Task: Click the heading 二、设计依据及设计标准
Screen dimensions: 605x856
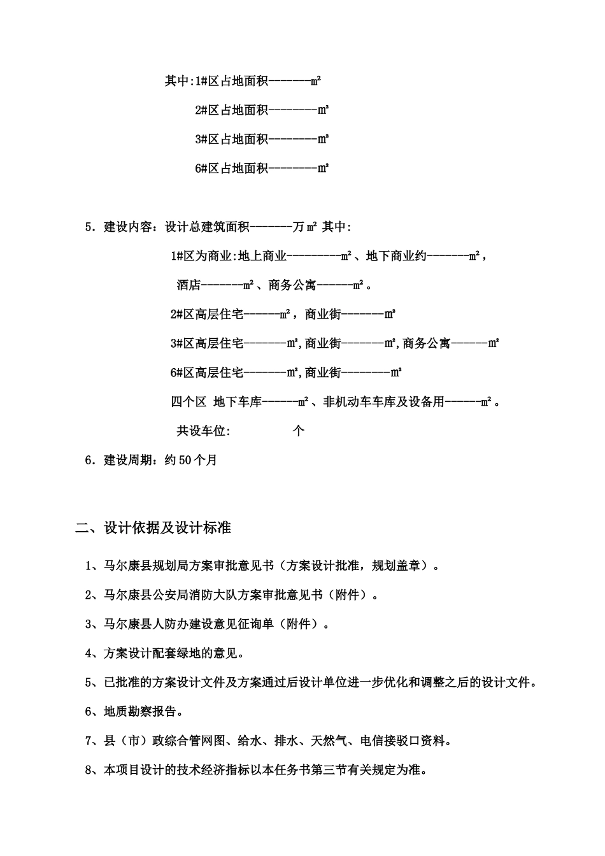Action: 153,528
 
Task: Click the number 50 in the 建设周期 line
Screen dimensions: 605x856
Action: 185,460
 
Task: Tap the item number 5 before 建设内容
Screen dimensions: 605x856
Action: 89,227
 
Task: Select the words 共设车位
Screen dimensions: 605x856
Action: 203,431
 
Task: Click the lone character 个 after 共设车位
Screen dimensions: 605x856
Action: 299,431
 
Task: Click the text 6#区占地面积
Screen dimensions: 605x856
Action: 232,169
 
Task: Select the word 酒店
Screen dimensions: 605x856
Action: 189,285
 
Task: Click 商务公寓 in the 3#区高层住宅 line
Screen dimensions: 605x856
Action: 426,344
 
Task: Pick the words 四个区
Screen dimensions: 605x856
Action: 189,402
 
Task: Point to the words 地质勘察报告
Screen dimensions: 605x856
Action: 138,711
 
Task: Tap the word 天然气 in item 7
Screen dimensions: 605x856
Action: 329,741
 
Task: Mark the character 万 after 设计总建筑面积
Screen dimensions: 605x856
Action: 299,227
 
